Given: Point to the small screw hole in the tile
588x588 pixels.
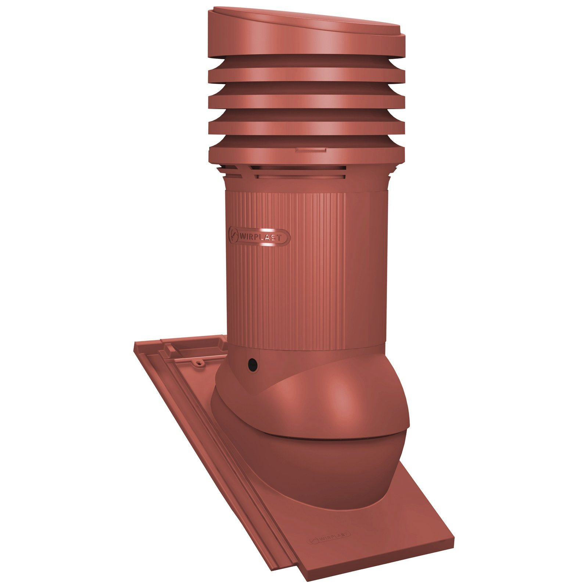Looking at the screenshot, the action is click(x=200, y=363).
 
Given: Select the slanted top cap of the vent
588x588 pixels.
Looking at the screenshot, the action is click(x=306, y=32).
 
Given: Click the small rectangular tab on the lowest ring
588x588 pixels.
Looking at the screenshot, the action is click(x=310, y=150).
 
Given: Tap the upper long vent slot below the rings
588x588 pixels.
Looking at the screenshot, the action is click(x=298, y=169).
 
